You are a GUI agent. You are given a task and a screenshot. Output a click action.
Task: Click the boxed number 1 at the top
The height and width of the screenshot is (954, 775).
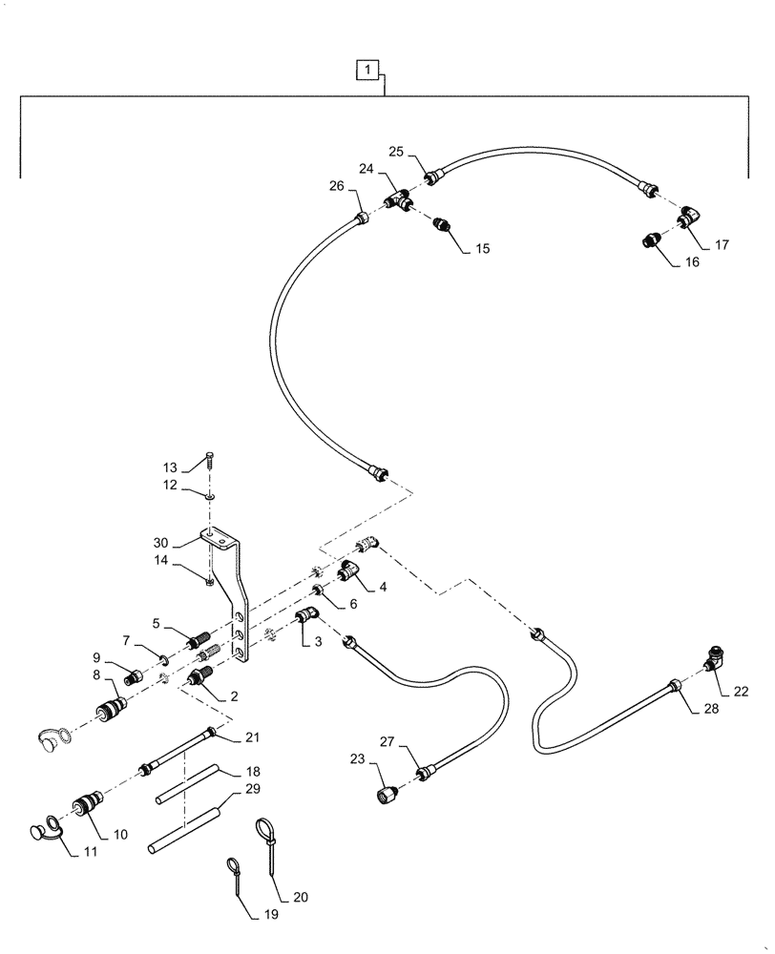pyautogui.click(x=369, y=69)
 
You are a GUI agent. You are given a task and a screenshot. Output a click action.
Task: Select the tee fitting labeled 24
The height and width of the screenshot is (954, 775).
pyautogui.click(x=398, y=199)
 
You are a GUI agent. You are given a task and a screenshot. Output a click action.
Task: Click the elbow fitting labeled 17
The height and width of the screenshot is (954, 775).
pyautogui.click(x=688, y=220)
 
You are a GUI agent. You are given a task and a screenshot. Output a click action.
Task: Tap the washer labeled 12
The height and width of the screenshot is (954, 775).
pyautogui.click(x=210, y=494)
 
